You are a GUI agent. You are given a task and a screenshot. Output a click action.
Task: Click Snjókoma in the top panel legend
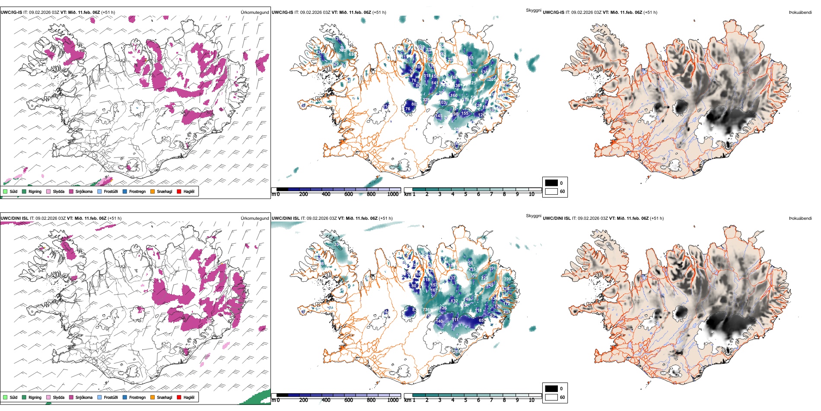point(84,192)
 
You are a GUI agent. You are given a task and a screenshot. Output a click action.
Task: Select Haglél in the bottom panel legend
point(189,398)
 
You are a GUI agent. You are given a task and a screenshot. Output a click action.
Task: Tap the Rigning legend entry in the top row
point(35,192)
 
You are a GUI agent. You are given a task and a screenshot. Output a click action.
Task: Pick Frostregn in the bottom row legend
point(137,398)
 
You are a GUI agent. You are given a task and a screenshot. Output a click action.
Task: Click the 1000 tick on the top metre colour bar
point(393,194)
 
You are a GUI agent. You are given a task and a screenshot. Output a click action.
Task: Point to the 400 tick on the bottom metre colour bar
point(326,400)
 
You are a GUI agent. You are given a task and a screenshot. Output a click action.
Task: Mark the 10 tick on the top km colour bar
point(531,194)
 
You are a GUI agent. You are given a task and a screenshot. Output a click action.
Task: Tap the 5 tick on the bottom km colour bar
point(465,400)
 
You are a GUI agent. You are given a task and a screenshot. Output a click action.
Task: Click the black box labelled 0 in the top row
point(551,183)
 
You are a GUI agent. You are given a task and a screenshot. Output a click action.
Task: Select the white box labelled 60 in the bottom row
point(551,397)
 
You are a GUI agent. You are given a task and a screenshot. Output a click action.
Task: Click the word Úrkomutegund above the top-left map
point(255,13)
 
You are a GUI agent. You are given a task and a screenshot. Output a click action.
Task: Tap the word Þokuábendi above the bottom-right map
point(800,218)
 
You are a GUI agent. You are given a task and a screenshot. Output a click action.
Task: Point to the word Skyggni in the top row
point(533,10)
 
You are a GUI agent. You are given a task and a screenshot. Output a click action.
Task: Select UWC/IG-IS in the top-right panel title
point(554,13)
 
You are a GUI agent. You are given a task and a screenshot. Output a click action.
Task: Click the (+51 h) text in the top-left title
point(108,13)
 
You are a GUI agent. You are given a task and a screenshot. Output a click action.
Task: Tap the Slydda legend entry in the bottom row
point(59,398)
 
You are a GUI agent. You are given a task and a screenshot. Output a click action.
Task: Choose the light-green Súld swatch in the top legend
point(5,192)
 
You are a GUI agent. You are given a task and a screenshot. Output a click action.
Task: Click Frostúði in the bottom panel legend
point(111,398)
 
